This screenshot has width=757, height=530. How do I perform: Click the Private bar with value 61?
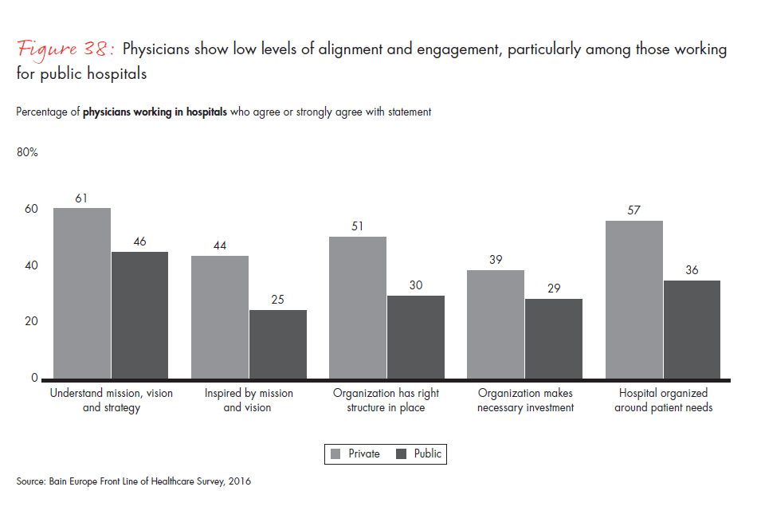pos(82,292)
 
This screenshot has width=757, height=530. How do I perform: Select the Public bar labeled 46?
pos(139,315)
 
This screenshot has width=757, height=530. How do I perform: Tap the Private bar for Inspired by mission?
pos(220,317)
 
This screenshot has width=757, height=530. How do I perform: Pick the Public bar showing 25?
pos(277,344)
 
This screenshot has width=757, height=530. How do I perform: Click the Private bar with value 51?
pos(358,307)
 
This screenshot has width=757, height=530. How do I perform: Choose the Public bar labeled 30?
pos(415,336)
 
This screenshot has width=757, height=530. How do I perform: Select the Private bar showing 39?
pos(496,324)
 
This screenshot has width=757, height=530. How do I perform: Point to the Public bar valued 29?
pos(553,338)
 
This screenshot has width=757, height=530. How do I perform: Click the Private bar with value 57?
pos(633,299)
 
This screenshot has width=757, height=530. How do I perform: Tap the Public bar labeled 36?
pos(692,329)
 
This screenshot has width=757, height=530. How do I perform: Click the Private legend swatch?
pos(336,454)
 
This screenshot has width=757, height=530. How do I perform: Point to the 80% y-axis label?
pos(27,152)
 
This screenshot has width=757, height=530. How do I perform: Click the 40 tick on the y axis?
pos(30,265)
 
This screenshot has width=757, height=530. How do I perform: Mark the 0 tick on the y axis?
pos(33,378)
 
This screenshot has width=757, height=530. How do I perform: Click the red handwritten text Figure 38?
pos(66,49)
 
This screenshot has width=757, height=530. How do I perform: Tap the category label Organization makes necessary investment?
pos(525,400)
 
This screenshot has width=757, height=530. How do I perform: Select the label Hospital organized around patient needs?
pos(663,400)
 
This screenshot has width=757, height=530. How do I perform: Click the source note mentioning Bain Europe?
pos(133,482)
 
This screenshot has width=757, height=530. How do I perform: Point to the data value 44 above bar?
pos(220,246)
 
